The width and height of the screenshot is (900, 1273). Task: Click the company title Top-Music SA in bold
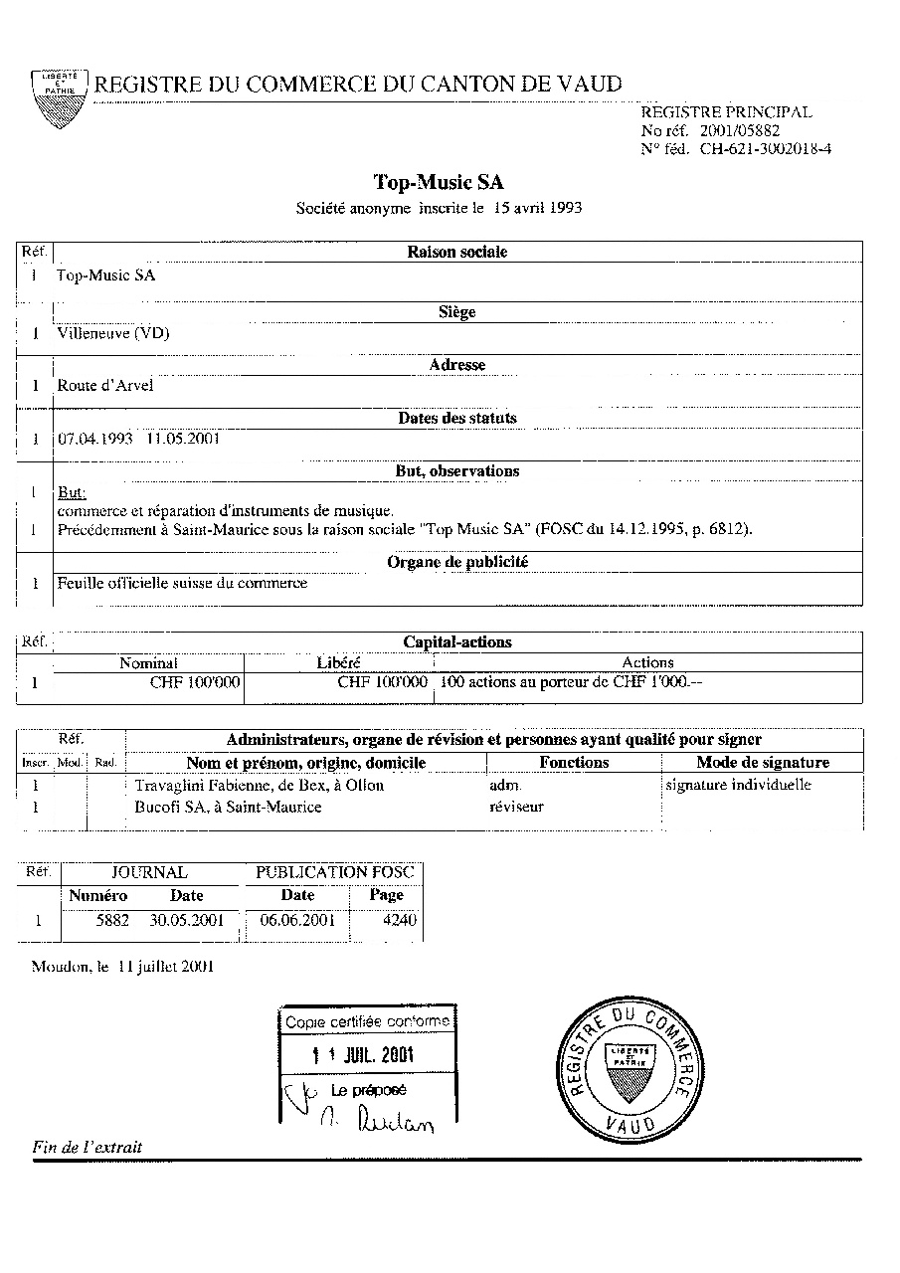(x=439, y=182)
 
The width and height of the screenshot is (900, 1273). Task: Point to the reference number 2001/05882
(x=740, y=130)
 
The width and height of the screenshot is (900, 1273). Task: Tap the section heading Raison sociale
(x=457, y=253)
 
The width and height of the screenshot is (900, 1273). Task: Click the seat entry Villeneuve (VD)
(x=113, y=333)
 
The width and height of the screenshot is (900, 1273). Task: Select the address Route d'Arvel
(x=105, y=386)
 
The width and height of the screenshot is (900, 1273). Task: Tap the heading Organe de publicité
(x=457, y=562)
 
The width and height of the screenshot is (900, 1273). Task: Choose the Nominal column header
(x=149, y=662)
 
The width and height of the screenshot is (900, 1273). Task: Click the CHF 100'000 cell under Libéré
(x=383, y=683)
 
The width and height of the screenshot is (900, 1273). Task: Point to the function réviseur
(x=517, y=808)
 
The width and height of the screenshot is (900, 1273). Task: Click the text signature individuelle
(x=738, y=786)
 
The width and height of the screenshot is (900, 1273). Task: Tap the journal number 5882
(x=112, y=920)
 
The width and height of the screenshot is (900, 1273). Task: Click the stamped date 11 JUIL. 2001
(x=363, y=1055)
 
